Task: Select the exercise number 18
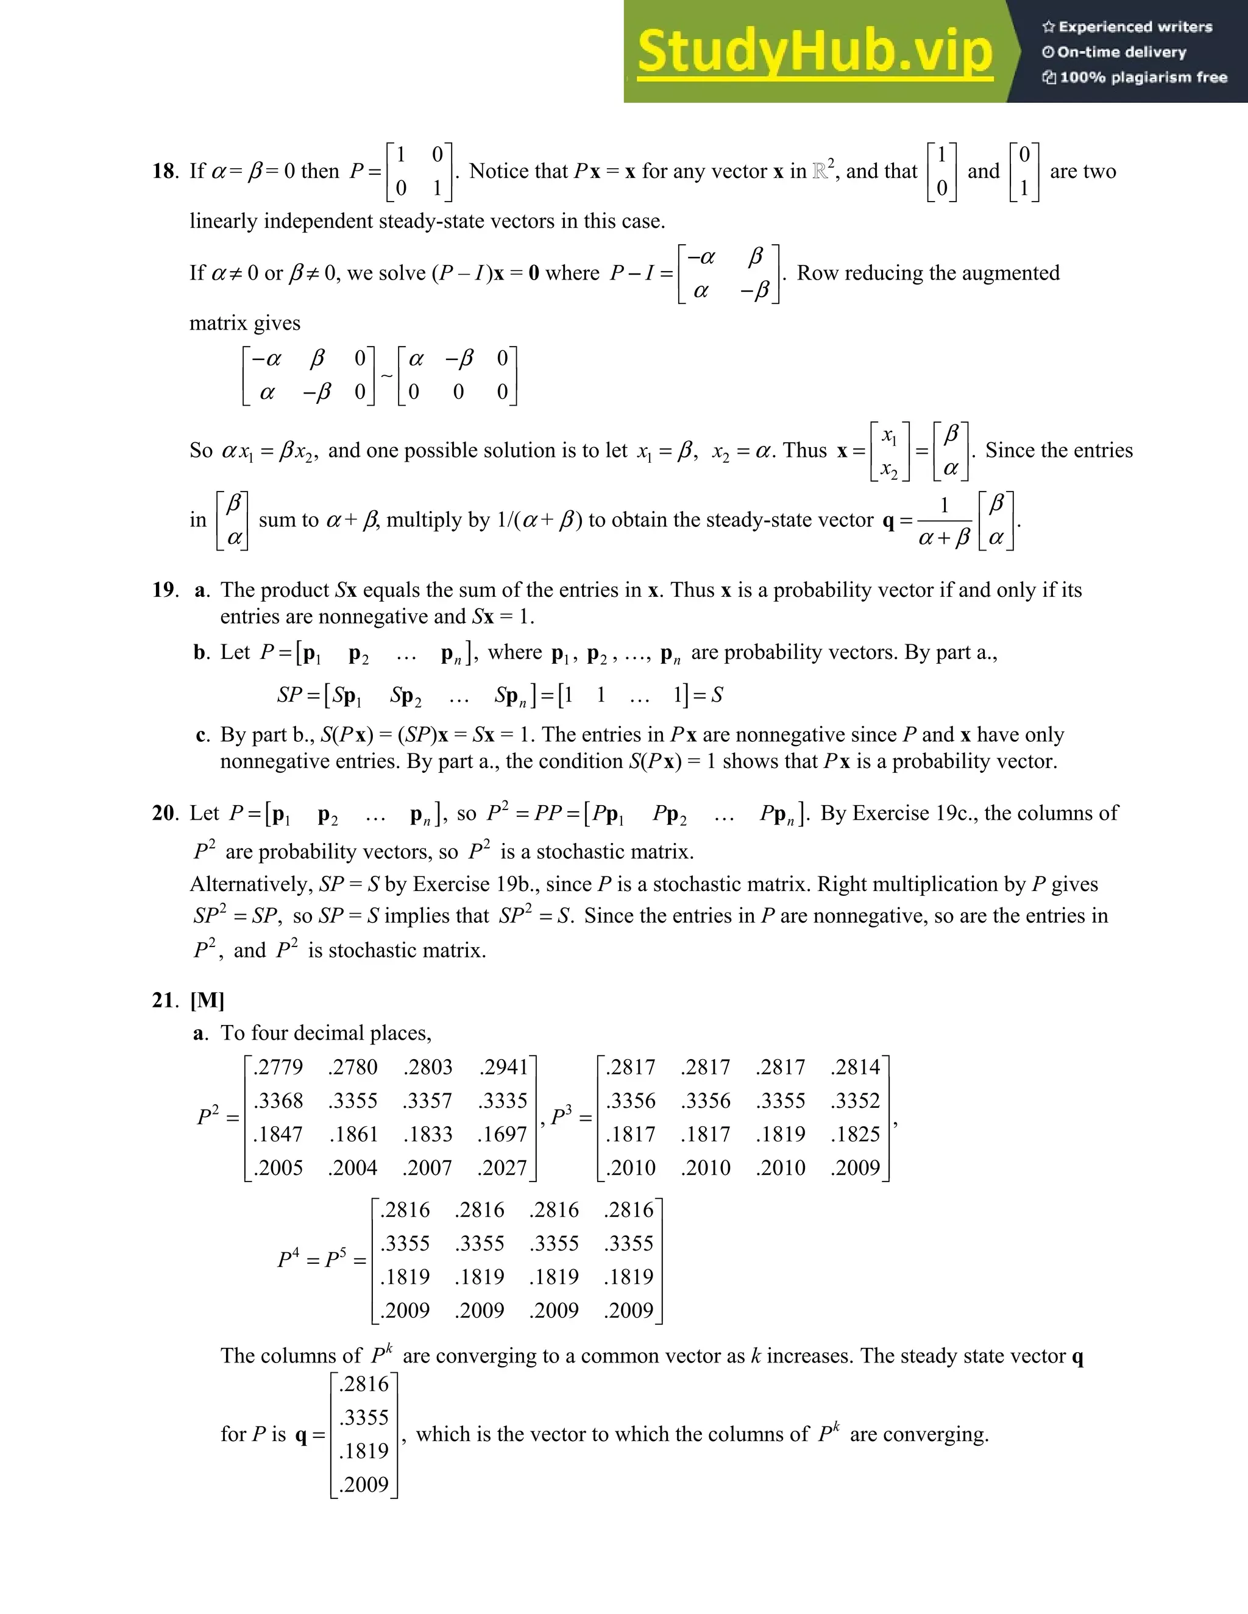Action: point(164,172)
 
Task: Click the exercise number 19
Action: point(164,590)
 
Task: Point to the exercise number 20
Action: point(164,813)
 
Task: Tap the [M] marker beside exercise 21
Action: point(207,1000)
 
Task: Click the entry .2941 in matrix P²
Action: point(503,1067)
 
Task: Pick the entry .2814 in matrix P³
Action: point(856,1067)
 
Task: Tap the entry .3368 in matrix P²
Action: point(278,1101)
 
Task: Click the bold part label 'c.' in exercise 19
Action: point(202,735)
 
